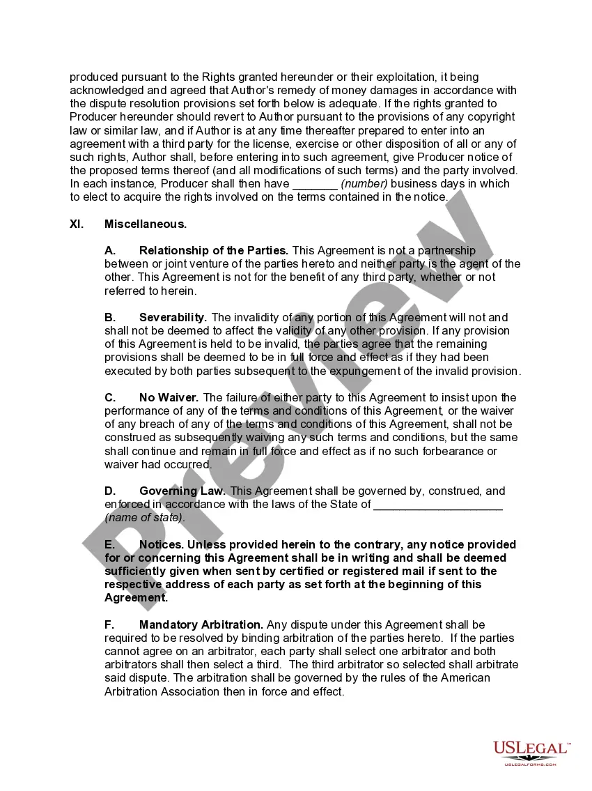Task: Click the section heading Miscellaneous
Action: point(146,224)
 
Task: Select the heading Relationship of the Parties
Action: point(213,250)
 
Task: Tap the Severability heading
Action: point(173,317)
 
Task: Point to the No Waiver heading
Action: point(169,397)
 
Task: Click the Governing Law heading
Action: point(183,491)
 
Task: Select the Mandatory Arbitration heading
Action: point(201,624)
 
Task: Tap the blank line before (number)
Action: point(315,184)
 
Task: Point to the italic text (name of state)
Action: point(145,518)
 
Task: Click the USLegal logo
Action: point(531,749)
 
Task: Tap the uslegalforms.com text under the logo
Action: point(531,765)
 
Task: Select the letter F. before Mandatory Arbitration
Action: point(110,624)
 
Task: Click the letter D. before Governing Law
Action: point(110,491)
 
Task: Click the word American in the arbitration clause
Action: point(465,678)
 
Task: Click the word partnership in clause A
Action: point(446,250)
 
